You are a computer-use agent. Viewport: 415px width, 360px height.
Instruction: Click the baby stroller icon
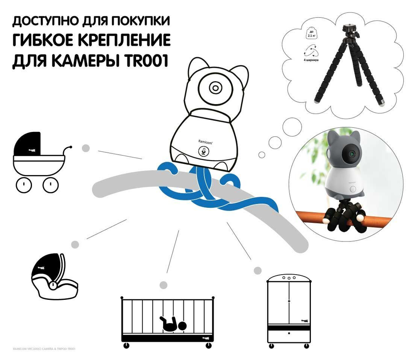(x=39, y=162)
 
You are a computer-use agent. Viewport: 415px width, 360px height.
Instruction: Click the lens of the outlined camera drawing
(x=215, y=88)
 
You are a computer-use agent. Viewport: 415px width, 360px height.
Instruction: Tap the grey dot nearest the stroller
(x=85, y=148)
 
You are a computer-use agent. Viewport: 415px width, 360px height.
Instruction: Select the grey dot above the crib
(x=164, y=285)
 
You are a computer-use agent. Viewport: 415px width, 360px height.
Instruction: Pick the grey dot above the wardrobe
(x=257, y=270)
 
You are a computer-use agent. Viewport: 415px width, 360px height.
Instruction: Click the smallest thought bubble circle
(x=261, y=155)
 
